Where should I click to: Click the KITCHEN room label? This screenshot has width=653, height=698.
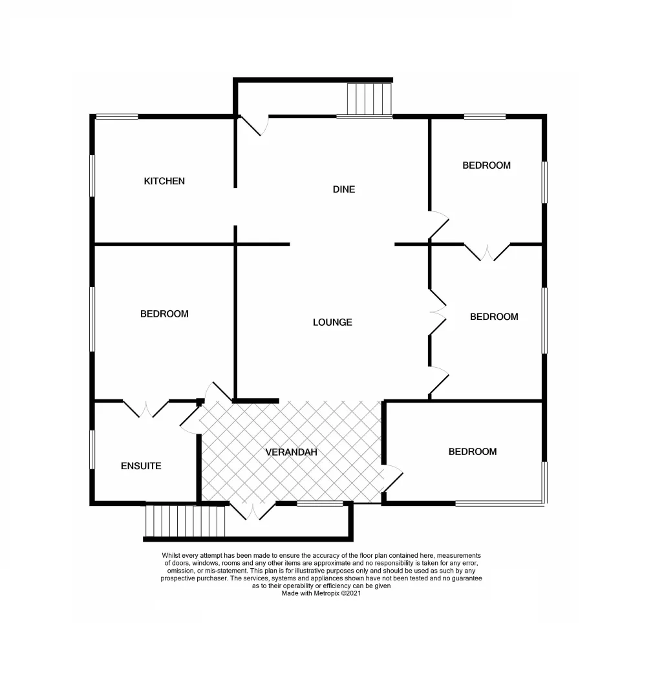[164, 182]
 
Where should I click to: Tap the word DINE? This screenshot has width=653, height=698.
[344, 189]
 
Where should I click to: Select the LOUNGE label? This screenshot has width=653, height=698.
[332, 322]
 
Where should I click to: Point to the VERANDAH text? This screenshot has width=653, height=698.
[291, 452]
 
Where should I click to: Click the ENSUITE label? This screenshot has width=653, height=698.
[141, 466]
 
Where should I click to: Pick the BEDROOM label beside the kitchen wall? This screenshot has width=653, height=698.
[164, 314]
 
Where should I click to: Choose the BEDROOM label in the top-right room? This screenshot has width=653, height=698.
[486, 165]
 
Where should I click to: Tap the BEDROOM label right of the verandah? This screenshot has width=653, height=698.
[473, 452]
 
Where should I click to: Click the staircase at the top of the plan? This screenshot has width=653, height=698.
[370, 99]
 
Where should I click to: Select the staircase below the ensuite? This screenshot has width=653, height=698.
[185, 521]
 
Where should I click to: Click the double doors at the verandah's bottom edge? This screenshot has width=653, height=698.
[253, 511]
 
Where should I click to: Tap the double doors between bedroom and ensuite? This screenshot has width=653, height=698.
[146, 408]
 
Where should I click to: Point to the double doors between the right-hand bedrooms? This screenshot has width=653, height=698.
[487, 252]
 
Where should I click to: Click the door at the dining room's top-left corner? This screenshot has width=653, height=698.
[252, 125]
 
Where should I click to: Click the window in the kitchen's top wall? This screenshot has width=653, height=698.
[117, 116]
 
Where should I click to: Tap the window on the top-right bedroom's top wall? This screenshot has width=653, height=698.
[484, 116]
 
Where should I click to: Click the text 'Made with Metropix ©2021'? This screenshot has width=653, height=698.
[321, 593]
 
